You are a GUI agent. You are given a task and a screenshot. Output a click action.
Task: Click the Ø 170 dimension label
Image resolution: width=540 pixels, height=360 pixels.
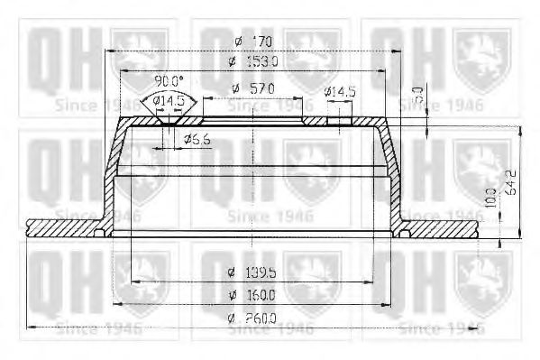pyautogui.click(x=252, y=42)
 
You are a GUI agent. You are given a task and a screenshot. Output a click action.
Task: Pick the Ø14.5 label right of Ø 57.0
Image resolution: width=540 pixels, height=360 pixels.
pyautogui.click(x=340, y=92)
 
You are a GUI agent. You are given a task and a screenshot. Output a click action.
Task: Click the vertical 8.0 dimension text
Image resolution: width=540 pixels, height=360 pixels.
pyautogui.click(x=417, y=93)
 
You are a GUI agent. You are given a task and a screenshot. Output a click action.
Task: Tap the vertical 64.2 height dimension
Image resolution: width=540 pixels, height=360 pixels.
pyautogui.click(x=510, y=183)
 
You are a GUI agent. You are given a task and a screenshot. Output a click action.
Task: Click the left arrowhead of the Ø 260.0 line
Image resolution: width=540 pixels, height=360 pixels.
pyautogui.click(x=28, y=326)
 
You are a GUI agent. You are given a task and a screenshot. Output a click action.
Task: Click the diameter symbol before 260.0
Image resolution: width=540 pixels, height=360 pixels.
pyautogui.click(x=233, y=316)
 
